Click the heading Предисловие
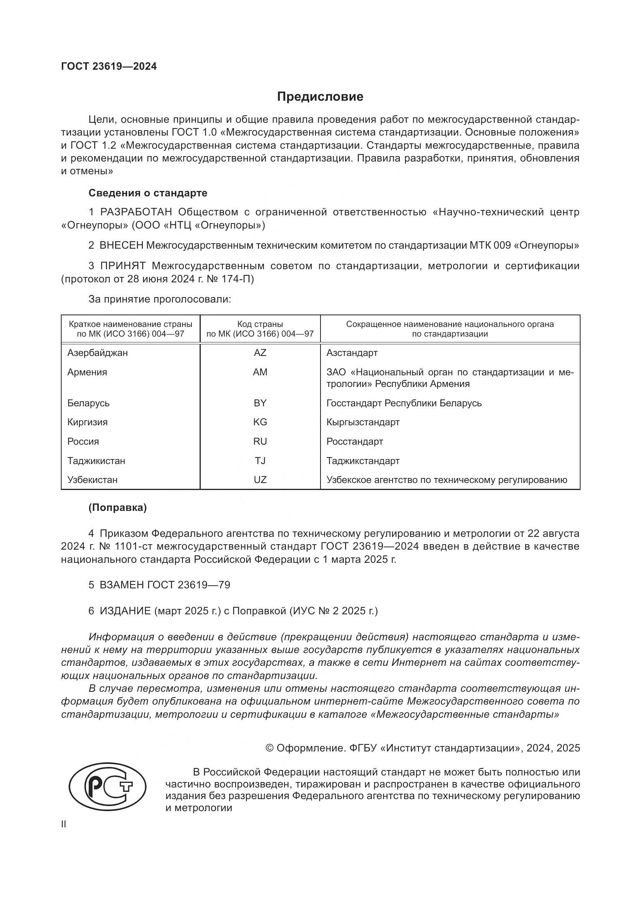320,97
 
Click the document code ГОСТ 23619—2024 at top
109,67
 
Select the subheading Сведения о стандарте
148,193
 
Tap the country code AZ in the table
260,353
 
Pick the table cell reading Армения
87,372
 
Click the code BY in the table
260,403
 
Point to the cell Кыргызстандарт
363,422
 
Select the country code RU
260,441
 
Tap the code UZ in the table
260,480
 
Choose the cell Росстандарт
355,441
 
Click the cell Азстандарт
352,353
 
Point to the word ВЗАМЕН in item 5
122,585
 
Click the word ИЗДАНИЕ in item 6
125,611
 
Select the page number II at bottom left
64,824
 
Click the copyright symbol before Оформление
270,748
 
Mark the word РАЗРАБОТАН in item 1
136,212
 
